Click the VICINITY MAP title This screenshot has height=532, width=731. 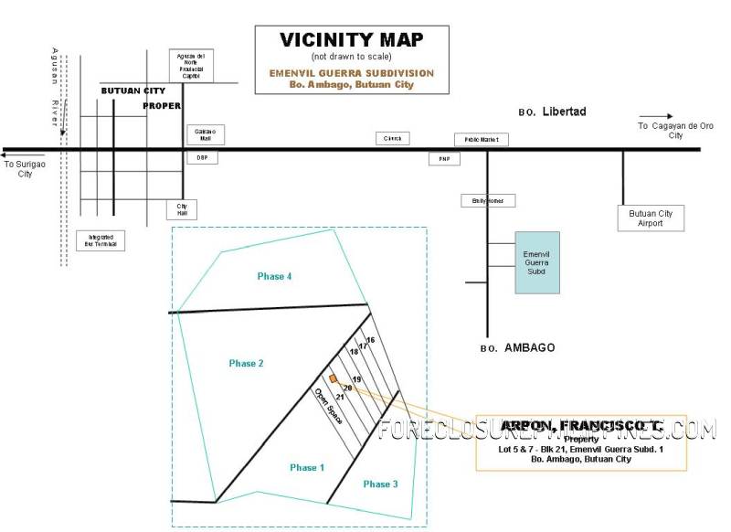click(352, 39)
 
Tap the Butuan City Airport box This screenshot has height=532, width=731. click(651, 218)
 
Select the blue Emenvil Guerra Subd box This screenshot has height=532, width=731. click(536, 261)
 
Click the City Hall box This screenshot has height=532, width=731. click(181, 209)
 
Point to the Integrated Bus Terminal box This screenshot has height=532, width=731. click(100, 239)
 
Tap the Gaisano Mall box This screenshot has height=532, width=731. click(205, 134)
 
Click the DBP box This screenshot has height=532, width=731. click(202, 157)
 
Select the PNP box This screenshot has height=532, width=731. click(445, 159)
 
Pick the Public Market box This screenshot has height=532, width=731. click(482, 139)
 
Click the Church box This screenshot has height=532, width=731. click(394, 138)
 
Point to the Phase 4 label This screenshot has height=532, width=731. click(274, 276)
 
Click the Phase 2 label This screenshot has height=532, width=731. click(246, 363)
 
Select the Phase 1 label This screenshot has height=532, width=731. click(307, 467)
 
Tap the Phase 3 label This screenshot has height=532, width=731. click(380, 484)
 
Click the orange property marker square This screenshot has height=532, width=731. click(334, 378)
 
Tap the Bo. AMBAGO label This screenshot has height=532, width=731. click(516, 348)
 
